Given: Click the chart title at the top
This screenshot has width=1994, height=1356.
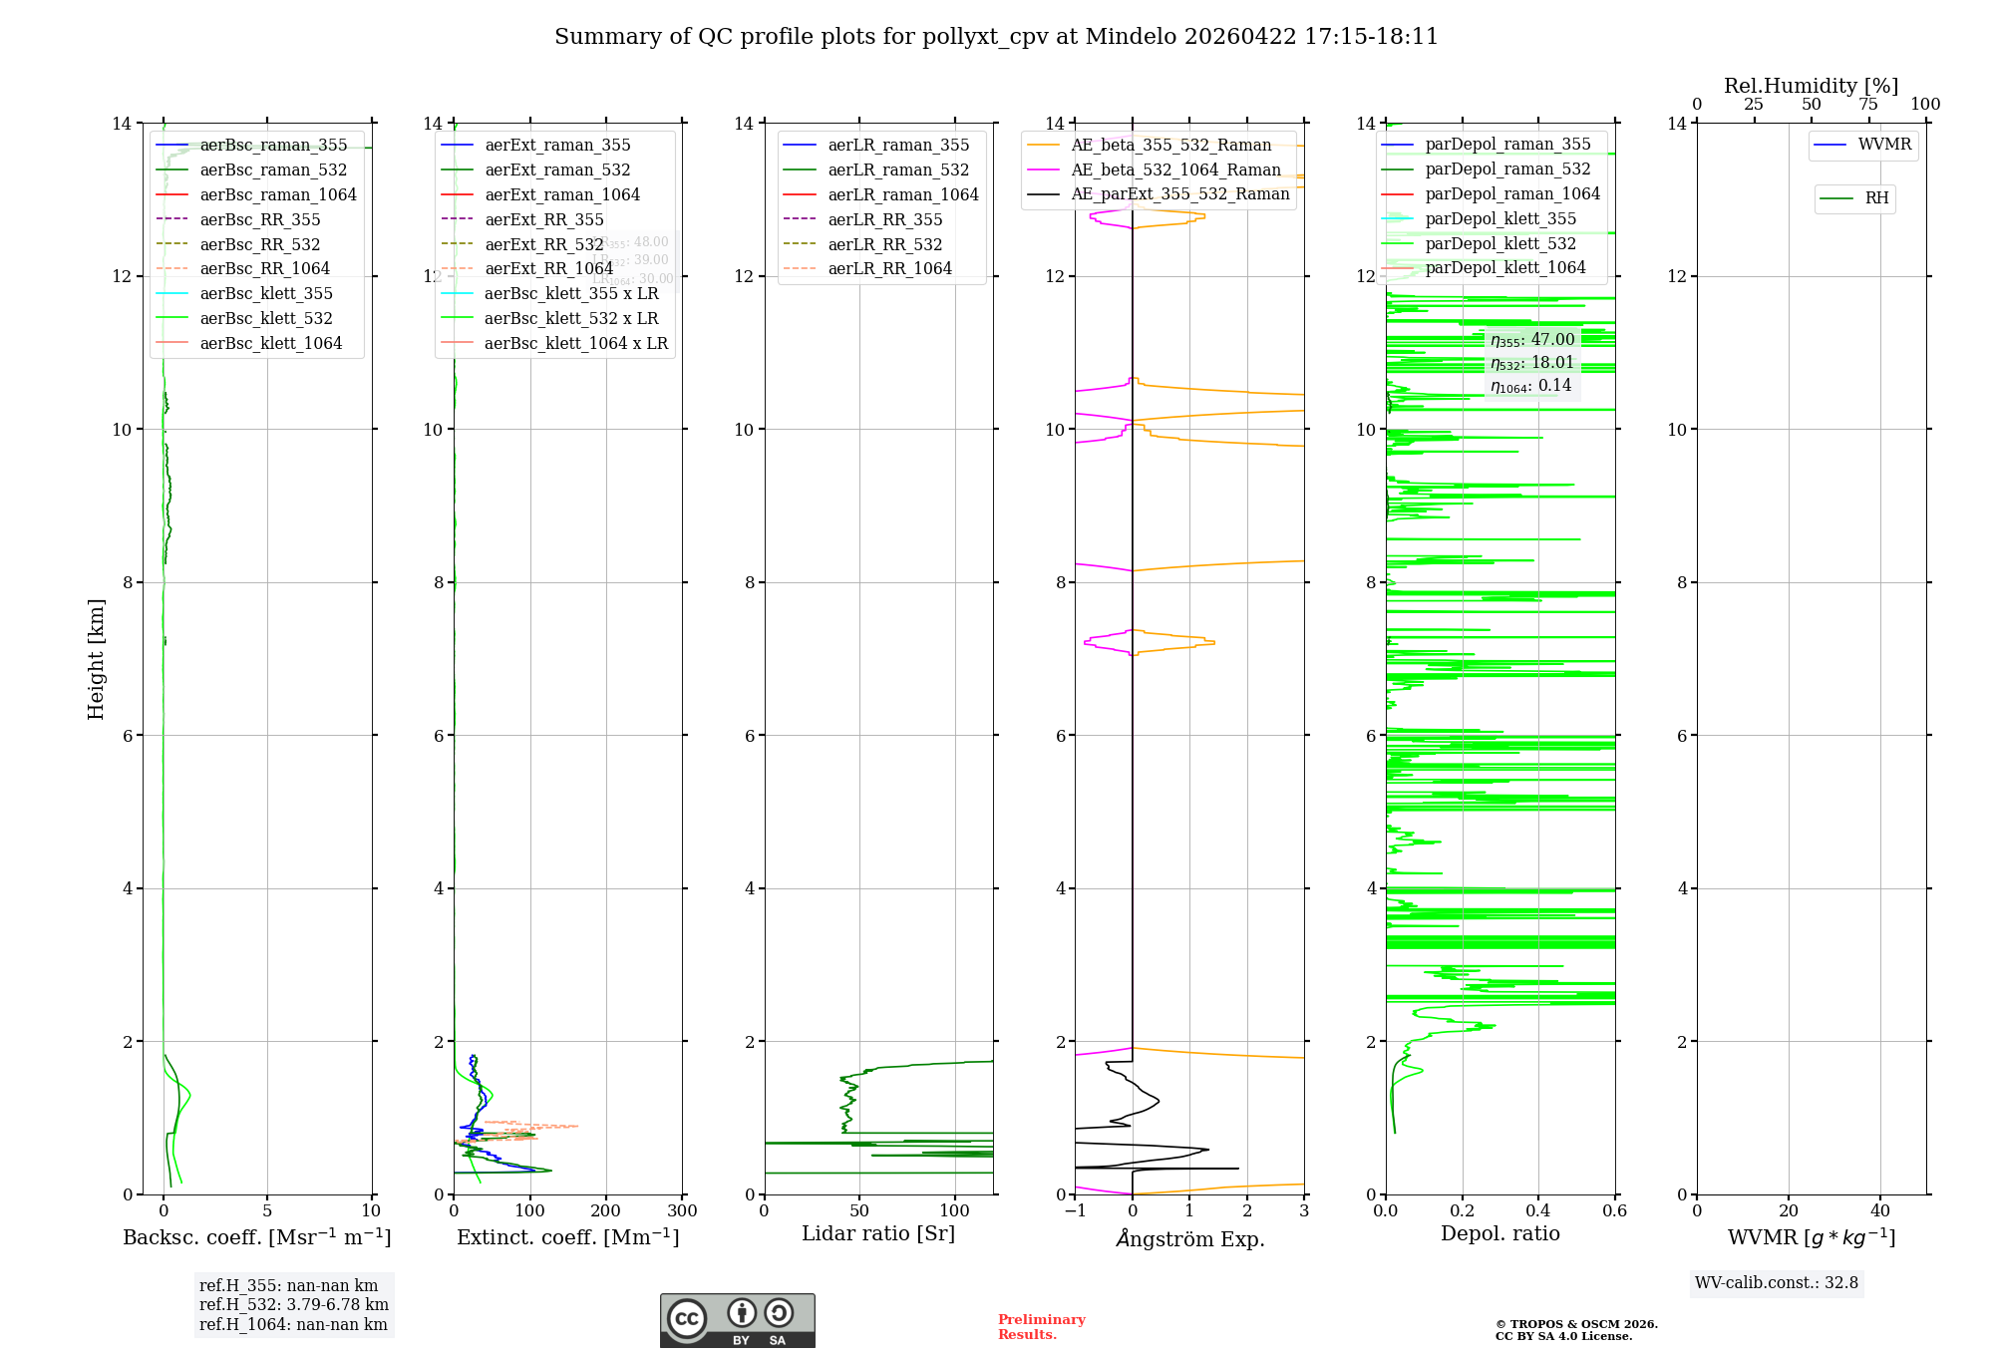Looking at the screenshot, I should [x=996, y=37].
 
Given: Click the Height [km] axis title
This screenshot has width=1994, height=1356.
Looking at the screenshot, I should [x=96, y=658].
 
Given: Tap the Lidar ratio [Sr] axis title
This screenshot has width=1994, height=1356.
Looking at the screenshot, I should [x=878, y=1234].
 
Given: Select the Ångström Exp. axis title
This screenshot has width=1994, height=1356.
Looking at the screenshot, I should [x=1189, y=1238].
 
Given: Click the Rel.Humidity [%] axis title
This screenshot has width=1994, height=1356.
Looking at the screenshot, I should [x=1811, y=86].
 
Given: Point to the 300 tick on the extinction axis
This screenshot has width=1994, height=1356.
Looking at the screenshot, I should [x=683, y=1211].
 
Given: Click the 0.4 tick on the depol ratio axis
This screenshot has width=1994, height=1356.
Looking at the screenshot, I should [x=1538, y=1211].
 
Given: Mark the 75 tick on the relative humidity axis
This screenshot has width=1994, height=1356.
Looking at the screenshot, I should [x=1868, y=105].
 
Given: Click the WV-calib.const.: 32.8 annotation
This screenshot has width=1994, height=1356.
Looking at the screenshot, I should [x=1777, y=1283].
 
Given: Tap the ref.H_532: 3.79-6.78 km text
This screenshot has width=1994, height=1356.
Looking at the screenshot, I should [x=294, y=1305].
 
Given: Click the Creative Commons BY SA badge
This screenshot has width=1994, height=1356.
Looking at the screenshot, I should [x=737, y=1320].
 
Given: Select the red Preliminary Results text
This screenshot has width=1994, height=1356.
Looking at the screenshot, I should [x=1041, y=1327].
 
